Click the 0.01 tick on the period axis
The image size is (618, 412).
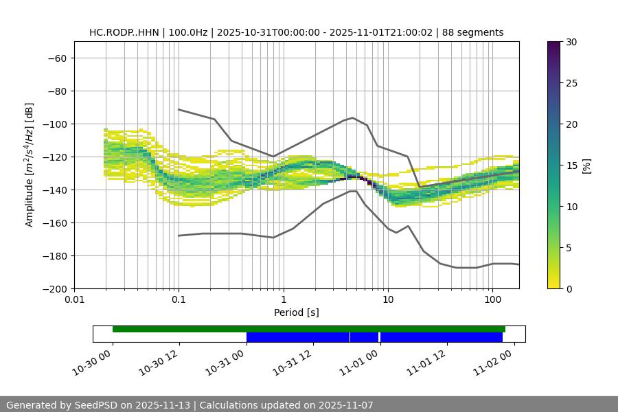pyautogui.click(x=74, y=300)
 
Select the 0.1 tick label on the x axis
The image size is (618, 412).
pyautogui.click(x=179, y=300)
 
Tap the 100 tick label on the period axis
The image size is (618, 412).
pyautogui.click(x=492, y=300)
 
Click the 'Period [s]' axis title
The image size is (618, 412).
pyautogui.click(x=296, y=312)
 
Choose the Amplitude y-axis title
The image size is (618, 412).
pyautogui.click(x=29, y=165)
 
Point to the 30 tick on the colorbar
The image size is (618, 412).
pyautogui.click(x=571, y=42)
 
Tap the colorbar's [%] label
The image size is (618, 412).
pyautogui.click(x=587, y=165)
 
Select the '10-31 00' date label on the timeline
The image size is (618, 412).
pyautogui.click(x=227, y=363)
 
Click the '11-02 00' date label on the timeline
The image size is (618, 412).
pyautogui.click(x=494, y=363)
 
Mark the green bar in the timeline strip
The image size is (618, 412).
pyautogui.click(x=309, y=329)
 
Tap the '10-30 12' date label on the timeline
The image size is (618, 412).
pyautogui.click(x=160, y=363)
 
